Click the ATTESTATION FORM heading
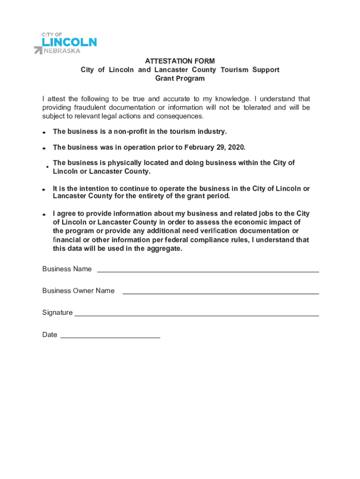pyautogui.click(x=180, y=61)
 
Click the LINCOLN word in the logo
pyautogui.click(x=70, y=42)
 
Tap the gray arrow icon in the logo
pyautogui.click(x=38, y=50)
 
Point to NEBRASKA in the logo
pyautogui.click(x=62, y=51)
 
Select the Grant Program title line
pyautogui.click(x=180, y=79)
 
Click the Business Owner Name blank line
pyautogui.click(x=220, y=293)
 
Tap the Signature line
pyautogui.click(x=196, y=315)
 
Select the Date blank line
pyautogui.click(x=110, y=337)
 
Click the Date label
pyautogui.click(x=50, y=335)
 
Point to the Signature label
pyautogui.click(x=57, y=312)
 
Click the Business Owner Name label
pyautogui.click(x=78, y=291)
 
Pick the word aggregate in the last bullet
pyautogui.click(x=164, y=249)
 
